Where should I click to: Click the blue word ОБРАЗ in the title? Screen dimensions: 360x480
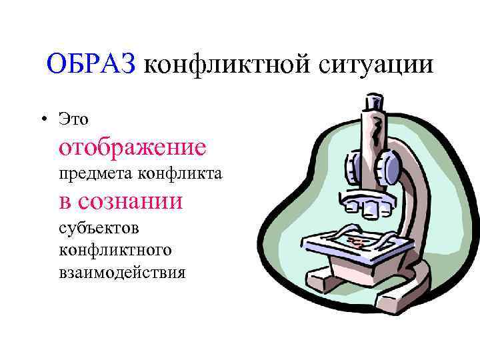click(x=91, y=65)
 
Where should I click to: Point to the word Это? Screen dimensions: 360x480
click(x=73, y=119)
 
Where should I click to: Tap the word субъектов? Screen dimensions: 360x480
click(x=98, y=229)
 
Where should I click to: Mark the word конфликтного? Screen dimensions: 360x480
click(x=115, y=251)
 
